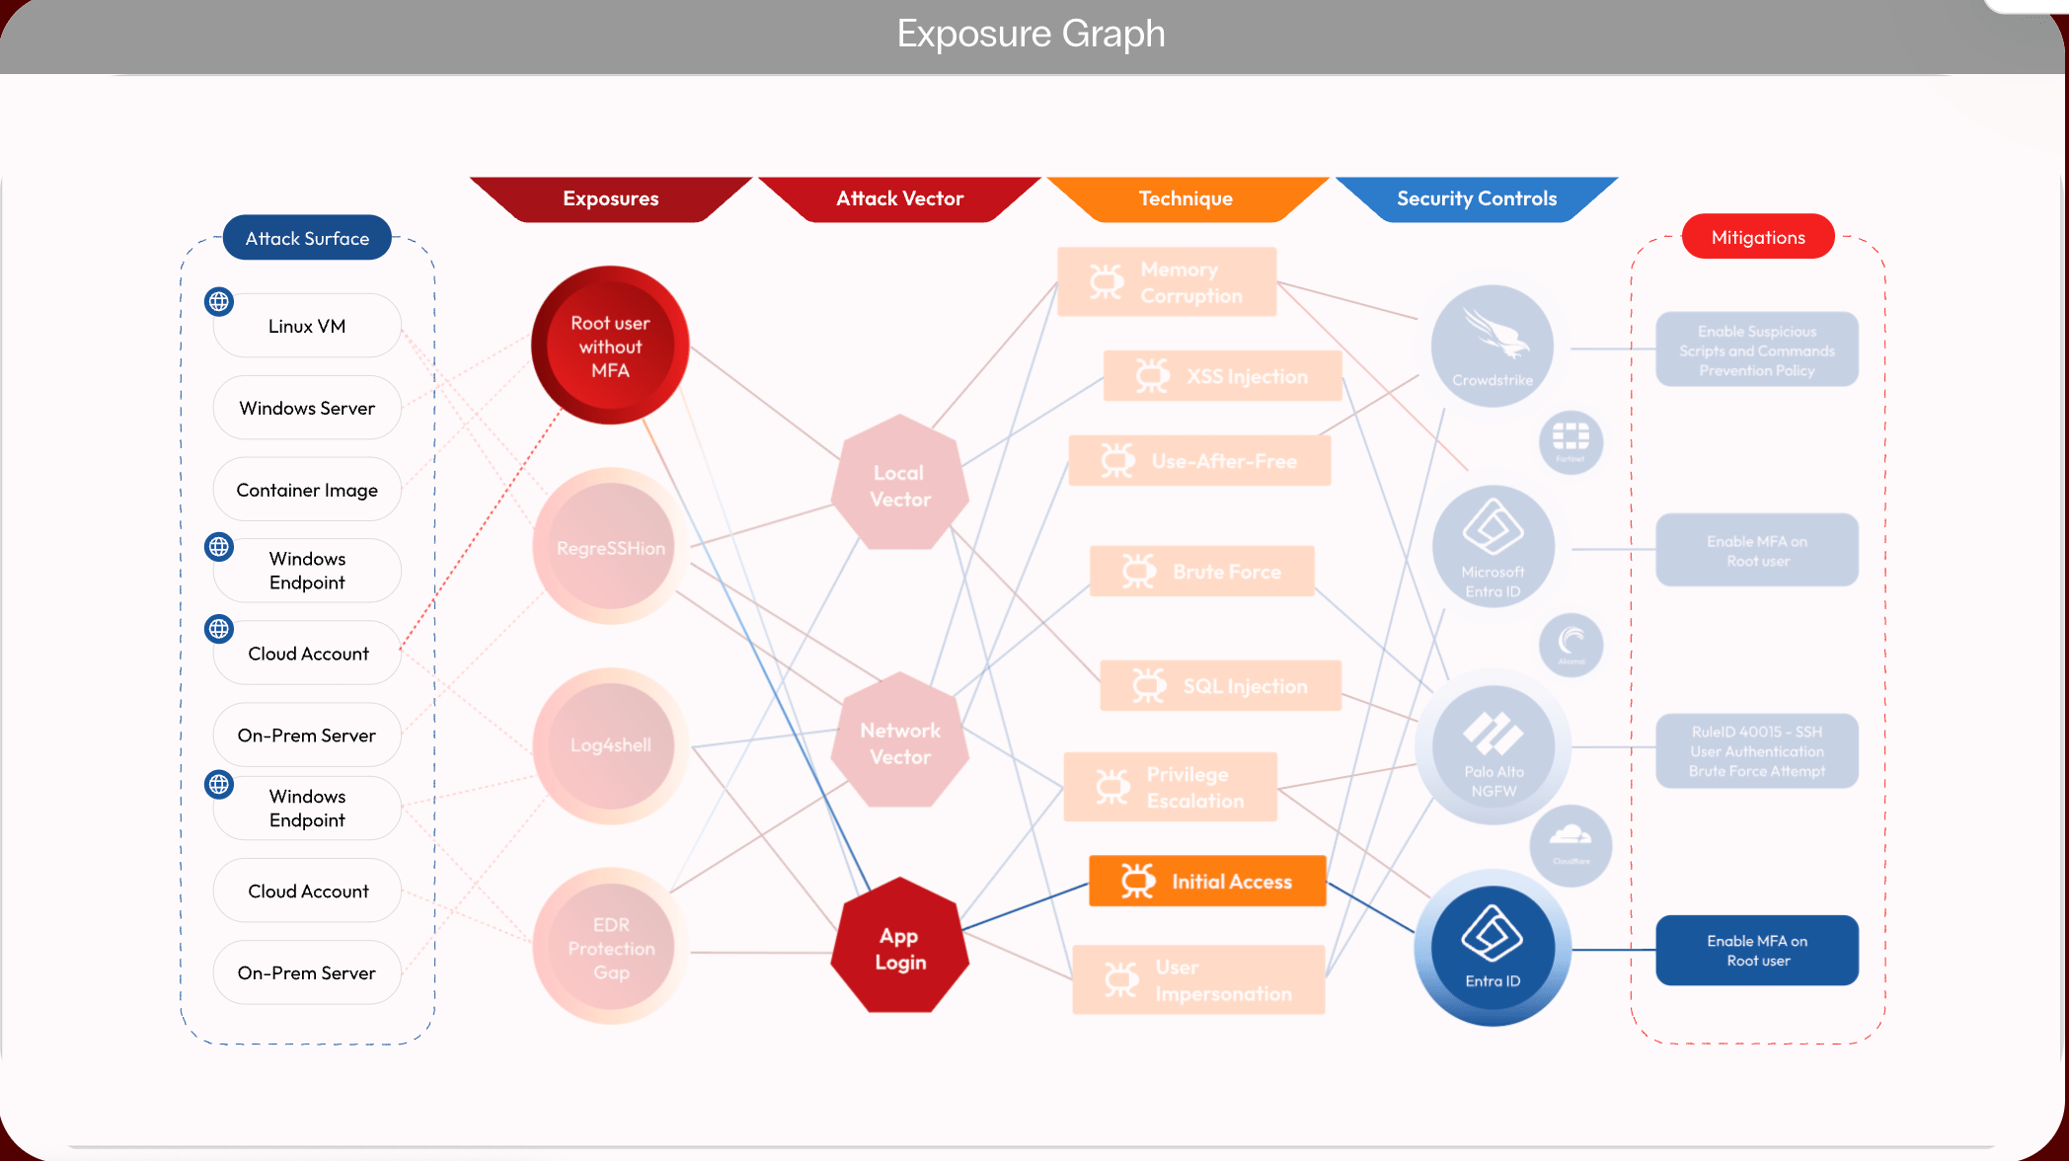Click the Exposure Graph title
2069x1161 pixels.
[1031, 34]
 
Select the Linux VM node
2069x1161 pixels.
[307, 326]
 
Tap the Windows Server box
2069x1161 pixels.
[307, 408]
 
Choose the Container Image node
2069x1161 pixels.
[307, 490]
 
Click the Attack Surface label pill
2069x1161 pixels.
[307, 238]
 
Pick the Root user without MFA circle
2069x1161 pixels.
[610, 346]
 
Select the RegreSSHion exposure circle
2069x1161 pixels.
[610, 547]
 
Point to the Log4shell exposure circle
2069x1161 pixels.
[610, 745]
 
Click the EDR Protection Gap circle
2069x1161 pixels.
[610, 948]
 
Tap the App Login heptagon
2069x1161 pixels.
[900, 948]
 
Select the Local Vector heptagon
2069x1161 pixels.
[899, 485]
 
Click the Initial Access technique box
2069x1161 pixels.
[1207, 881]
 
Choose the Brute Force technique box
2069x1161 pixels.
[1202, 572]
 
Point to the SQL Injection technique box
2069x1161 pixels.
[1221, 686]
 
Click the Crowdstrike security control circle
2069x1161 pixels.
[1492, 346]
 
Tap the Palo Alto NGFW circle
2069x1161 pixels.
[1493, 747]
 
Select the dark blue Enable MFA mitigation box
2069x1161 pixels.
[1757, 950]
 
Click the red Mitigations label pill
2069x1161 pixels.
[1758, 237]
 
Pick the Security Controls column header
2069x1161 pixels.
[1476, 198]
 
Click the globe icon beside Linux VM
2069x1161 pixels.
[219, 301]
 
